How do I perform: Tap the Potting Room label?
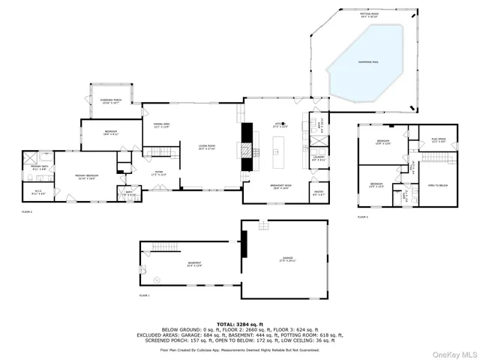367,13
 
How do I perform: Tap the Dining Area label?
162,125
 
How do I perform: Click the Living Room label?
206,147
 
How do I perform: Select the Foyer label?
159,173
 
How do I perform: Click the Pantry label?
318,193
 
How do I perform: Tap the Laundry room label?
318,159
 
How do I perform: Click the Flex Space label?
439,140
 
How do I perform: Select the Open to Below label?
438,184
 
